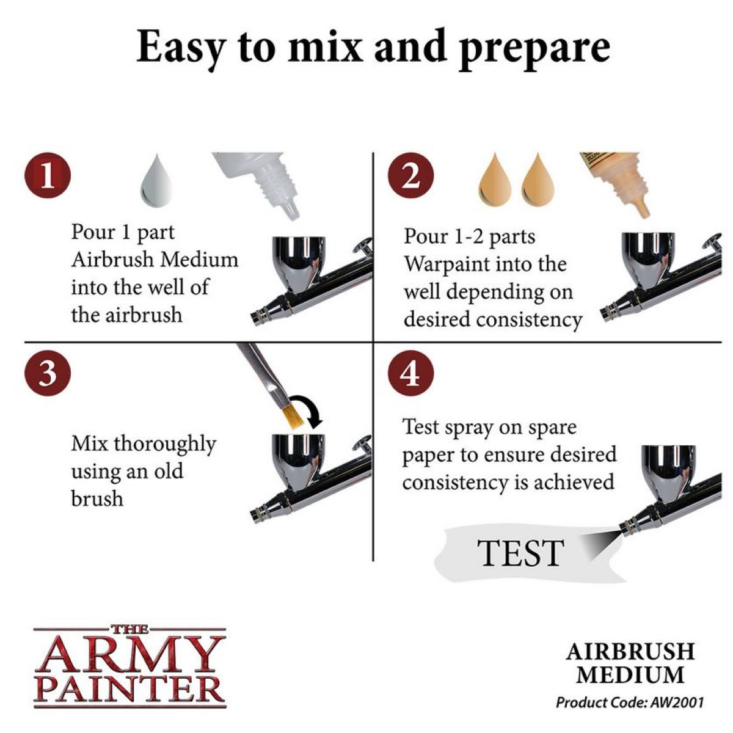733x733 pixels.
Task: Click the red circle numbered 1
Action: coord(48,175)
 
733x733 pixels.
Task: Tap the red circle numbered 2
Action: coord(411,175)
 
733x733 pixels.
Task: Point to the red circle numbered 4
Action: coord(411,374)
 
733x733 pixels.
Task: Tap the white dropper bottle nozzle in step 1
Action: coord(290,211)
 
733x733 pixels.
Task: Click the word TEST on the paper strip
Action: coord(521,553)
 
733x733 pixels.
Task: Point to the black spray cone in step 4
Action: coord(600,545)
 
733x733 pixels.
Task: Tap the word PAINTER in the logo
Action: coord(129,692)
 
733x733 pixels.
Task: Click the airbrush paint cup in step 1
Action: coord(299,263)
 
